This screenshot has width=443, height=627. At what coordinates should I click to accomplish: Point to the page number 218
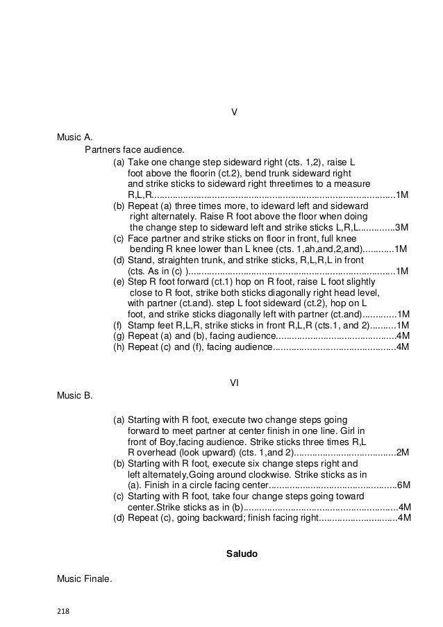(65, 613)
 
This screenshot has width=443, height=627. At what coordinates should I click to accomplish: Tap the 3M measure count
(401, 227)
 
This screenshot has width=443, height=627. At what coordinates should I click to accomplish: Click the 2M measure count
(402, 453)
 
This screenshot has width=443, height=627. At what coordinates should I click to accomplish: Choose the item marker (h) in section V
(118, 347)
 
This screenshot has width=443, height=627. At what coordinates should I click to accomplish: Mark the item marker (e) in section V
(119, 282)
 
